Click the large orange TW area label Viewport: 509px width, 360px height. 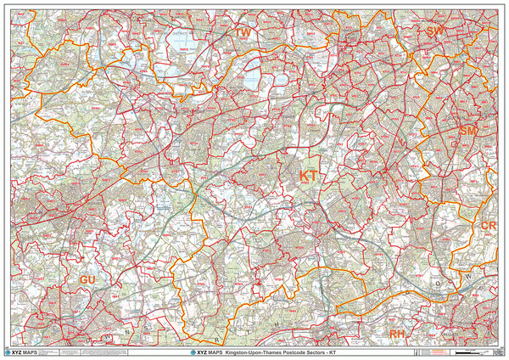pos(243,31)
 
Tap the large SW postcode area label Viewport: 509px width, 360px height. pos(435,31)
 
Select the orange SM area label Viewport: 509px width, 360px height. pos(469,132)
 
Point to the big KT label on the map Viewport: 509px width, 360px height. pos(309,175)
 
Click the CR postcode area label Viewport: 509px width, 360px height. pos(488,225)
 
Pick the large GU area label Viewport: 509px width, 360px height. pos(88,279)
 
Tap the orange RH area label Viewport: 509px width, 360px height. pos(398,334)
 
